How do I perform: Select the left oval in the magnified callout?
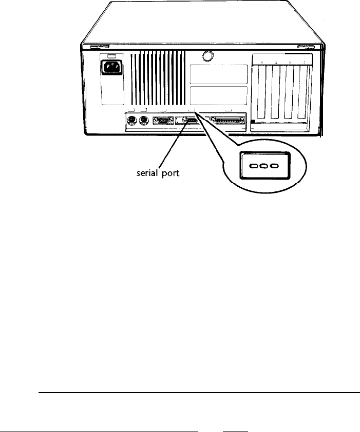click(253, 166)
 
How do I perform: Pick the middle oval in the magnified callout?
click(263, 166)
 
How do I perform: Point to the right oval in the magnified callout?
click(274, 166)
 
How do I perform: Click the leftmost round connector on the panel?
click(131, 122)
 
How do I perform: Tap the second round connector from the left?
click(143, 122)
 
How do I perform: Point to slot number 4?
click(262, 63)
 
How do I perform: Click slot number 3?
click(276, 63)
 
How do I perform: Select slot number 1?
click(304, 63)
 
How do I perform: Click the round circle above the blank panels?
click(207, 55)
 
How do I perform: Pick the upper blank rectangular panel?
click(218, 75)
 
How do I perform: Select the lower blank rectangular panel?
click(218, 96)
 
